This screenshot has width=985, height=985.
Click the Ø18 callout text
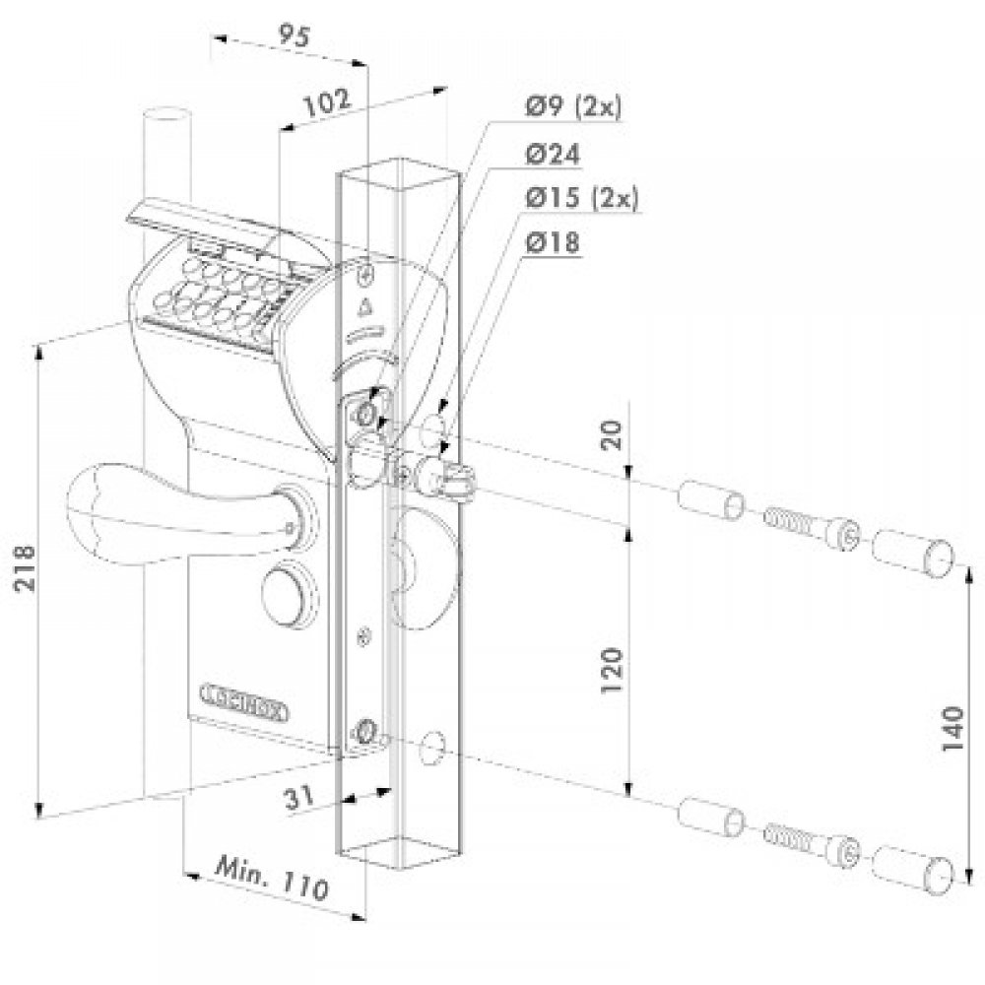(x=553, y=241)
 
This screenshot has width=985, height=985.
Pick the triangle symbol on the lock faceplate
(x=369, y=305)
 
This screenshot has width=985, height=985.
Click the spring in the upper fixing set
(x=791, y=521)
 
